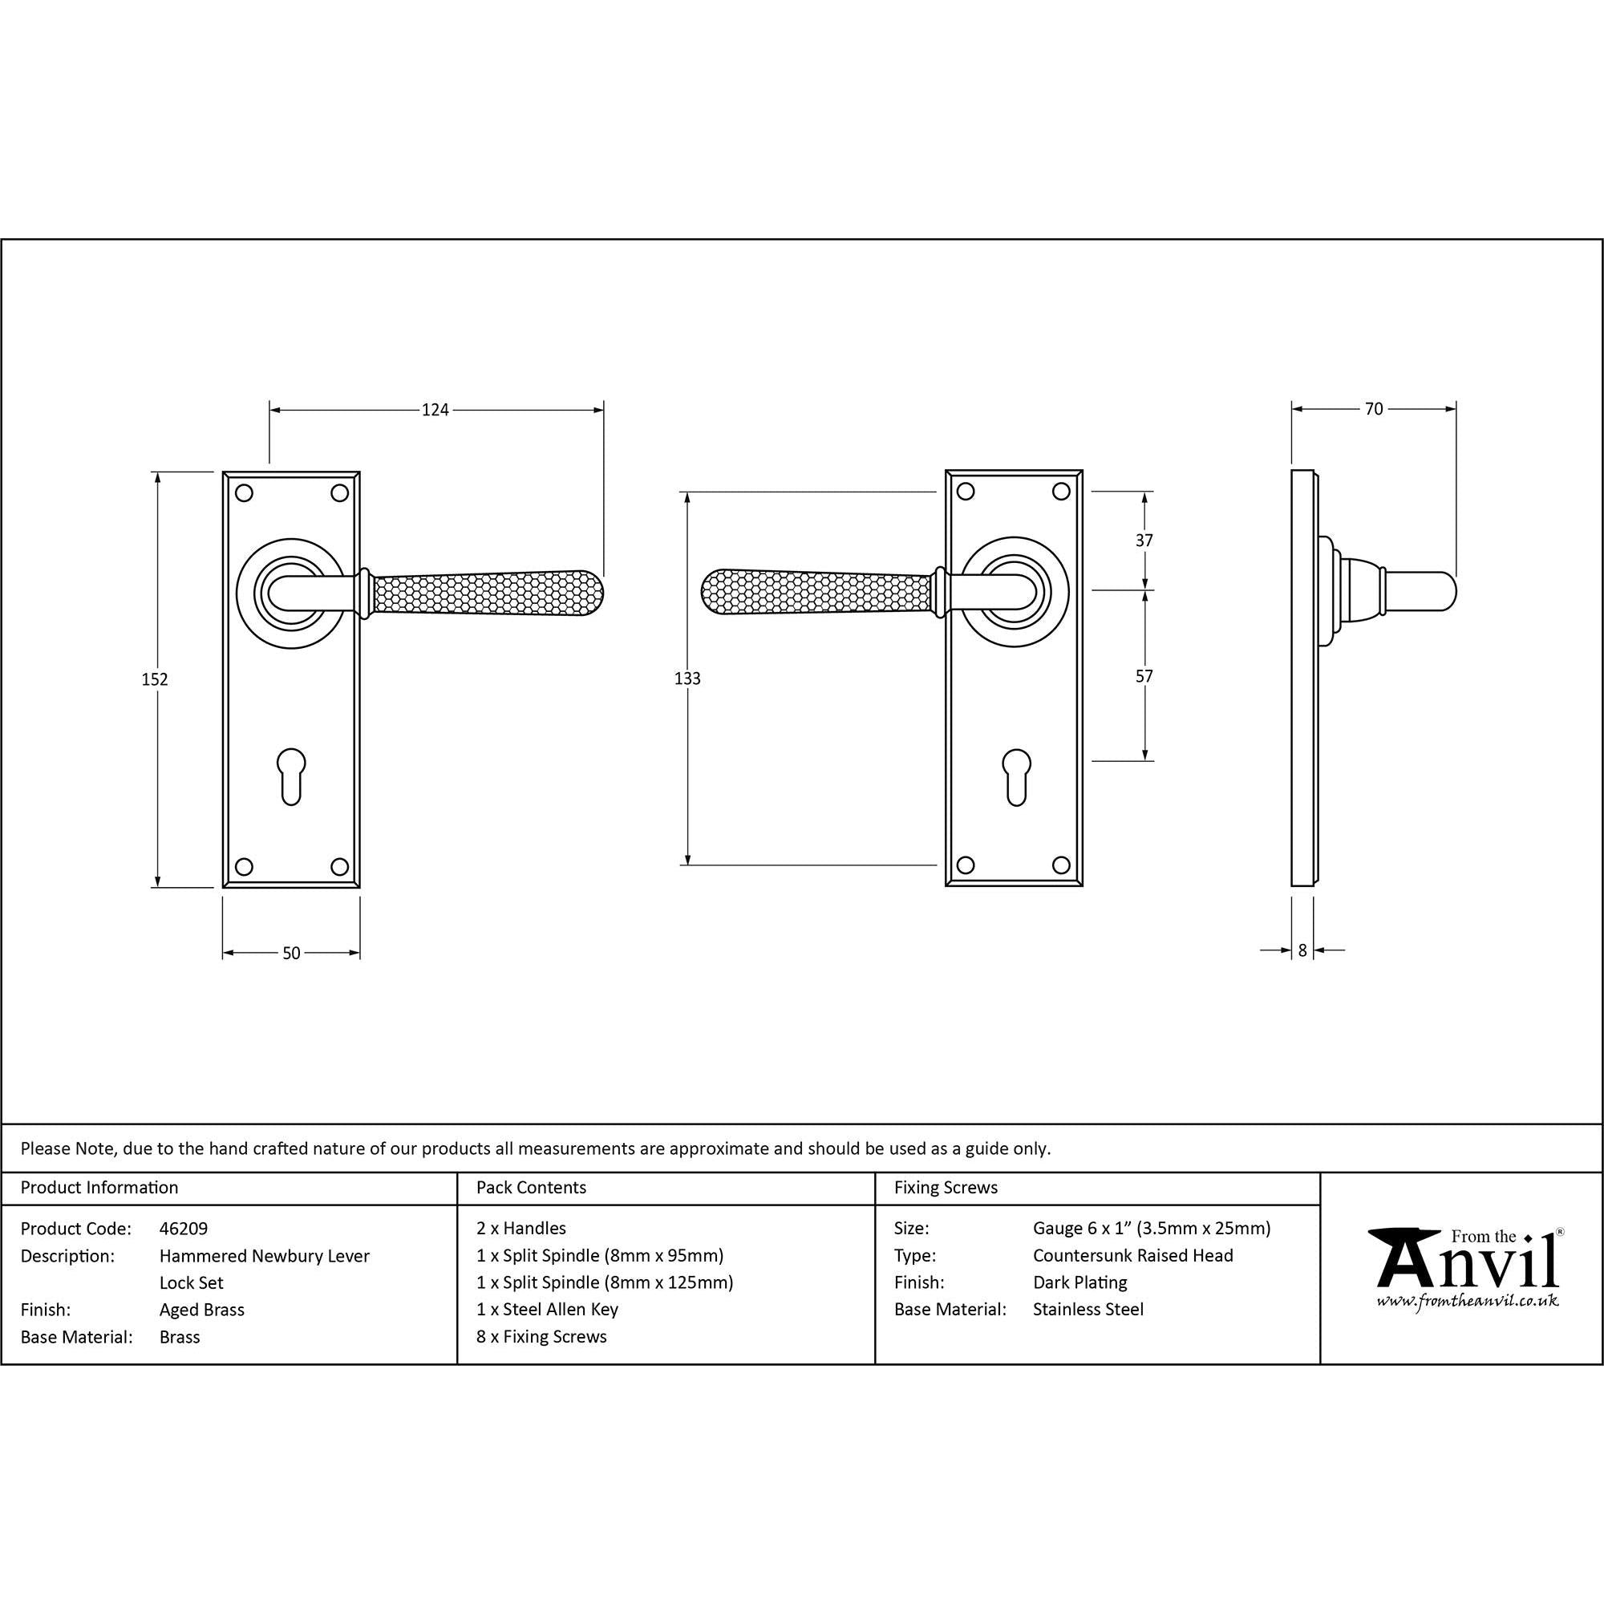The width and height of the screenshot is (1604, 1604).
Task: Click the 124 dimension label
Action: click(x=435, y=409)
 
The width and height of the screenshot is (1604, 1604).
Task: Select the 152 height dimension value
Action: click(x=156, y=679)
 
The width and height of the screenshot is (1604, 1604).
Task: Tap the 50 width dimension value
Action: click(x=291, y=953)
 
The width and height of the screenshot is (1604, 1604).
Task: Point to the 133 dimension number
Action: click(x=687, y=678)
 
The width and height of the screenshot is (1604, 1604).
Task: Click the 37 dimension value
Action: click(x=1144, y=541)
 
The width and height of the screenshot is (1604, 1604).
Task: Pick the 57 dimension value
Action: click(x=1144, y=676)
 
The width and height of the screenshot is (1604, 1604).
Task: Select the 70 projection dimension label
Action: click(x=1374, y=408)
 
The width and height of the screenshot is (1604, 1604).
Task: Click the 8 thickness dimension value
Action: click(x=1302, y=950)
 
